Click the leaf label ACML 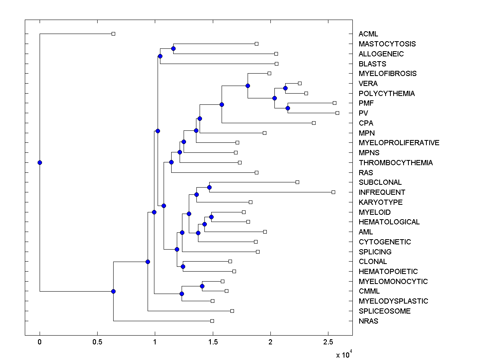[368, 34]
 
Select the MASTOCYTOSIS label [387, 44]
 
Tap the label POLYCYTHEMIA [386, 94]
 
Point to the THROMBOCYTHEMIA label [395, 163]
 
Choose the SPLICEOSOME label [384, 311]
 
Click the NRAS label [368, 321]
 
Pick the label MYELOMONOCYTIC [393, 282]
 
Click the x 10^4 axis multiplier [344, 354]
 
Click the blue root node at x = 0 [40, 162]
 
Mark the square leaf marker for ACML [113, 34]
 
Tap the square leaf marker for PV [337, 113]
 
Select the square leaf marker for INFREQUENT [333, 192]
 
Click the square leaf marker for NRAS [212, 321]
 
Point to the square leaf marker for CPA [314, 123]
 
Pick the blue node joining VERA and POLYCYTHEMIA [285, 88]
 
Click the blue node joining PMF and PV [288, 108]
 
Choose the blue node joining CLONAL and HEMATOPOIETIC [183, 266]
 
